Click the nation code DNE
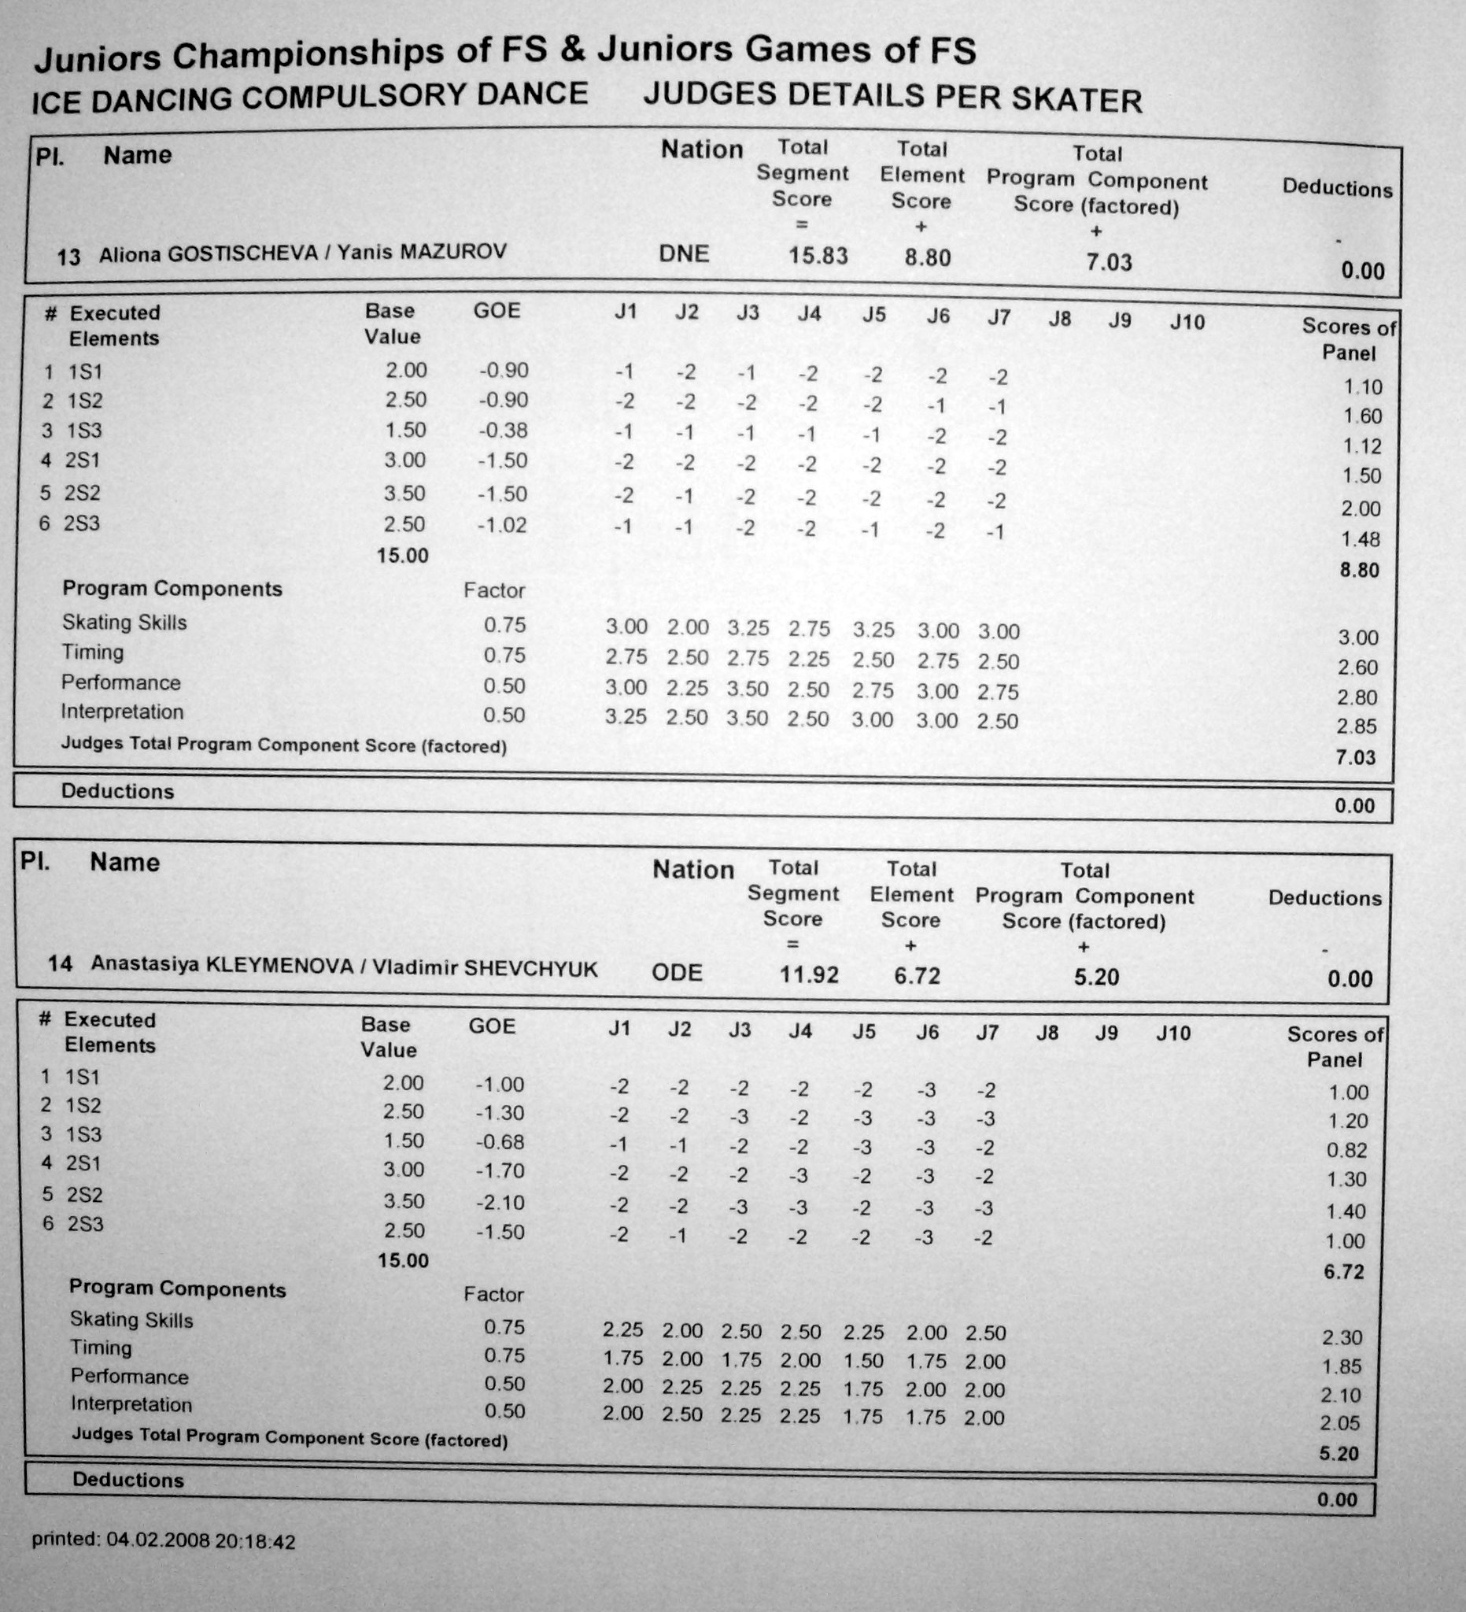click(684, 254)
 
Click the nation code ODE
click(677, 973)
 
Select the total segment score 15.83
click(818, 256)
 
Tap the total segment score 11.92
click(809, 974)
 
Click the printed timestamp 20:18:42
click(255, 1542)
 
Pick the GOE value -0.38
click(503, 431)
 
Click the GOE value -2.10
click(500, 1203)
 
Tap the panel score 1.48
click(1361, 540)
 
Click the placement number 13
click(68, 257)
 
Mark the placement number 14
click(60, 963)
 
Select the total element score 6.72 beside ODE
click(917, 975)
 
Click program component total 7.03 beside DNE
click(1109, 262)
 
